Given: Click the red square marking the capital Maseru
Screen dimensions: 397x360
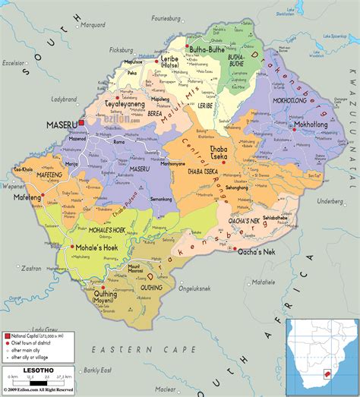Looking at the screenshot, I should tap(81, 121).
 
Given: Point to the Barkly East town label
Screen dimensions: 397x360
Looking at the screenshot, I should tap(90, 369).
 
